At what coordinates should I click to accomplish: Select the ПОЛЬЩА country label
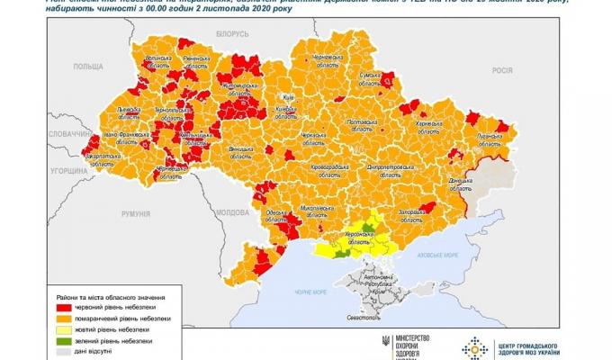tap(88, 67)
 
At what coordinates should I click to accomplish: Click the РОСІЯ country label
tap(501, 70)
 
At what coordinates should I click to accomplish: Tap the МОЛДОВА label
tap(233, 212)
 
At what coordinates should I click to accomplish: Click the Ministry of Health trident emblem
tap(386, 344)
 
